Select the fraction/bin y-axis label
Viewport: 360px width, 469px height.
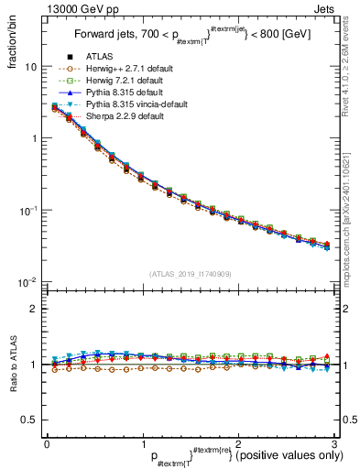pos(12,46)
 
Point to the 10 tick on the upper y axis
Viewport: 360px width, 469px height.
pos(31,67)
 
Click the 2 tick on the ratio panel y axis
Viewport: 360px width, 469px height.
pos(34,309)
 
